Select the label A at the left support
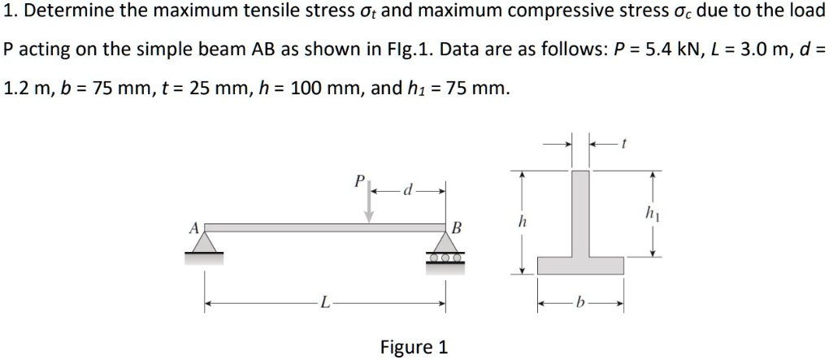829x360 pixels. [193, 228]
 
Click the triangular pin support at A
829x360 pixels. [205, 243]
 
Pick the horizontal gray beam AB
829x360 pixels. [325, 228]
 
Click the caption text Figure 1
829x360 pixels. [414, 348]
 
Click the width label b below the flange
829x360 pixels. [579, 305]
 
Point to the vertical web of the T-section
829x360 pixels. [580, 211]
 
